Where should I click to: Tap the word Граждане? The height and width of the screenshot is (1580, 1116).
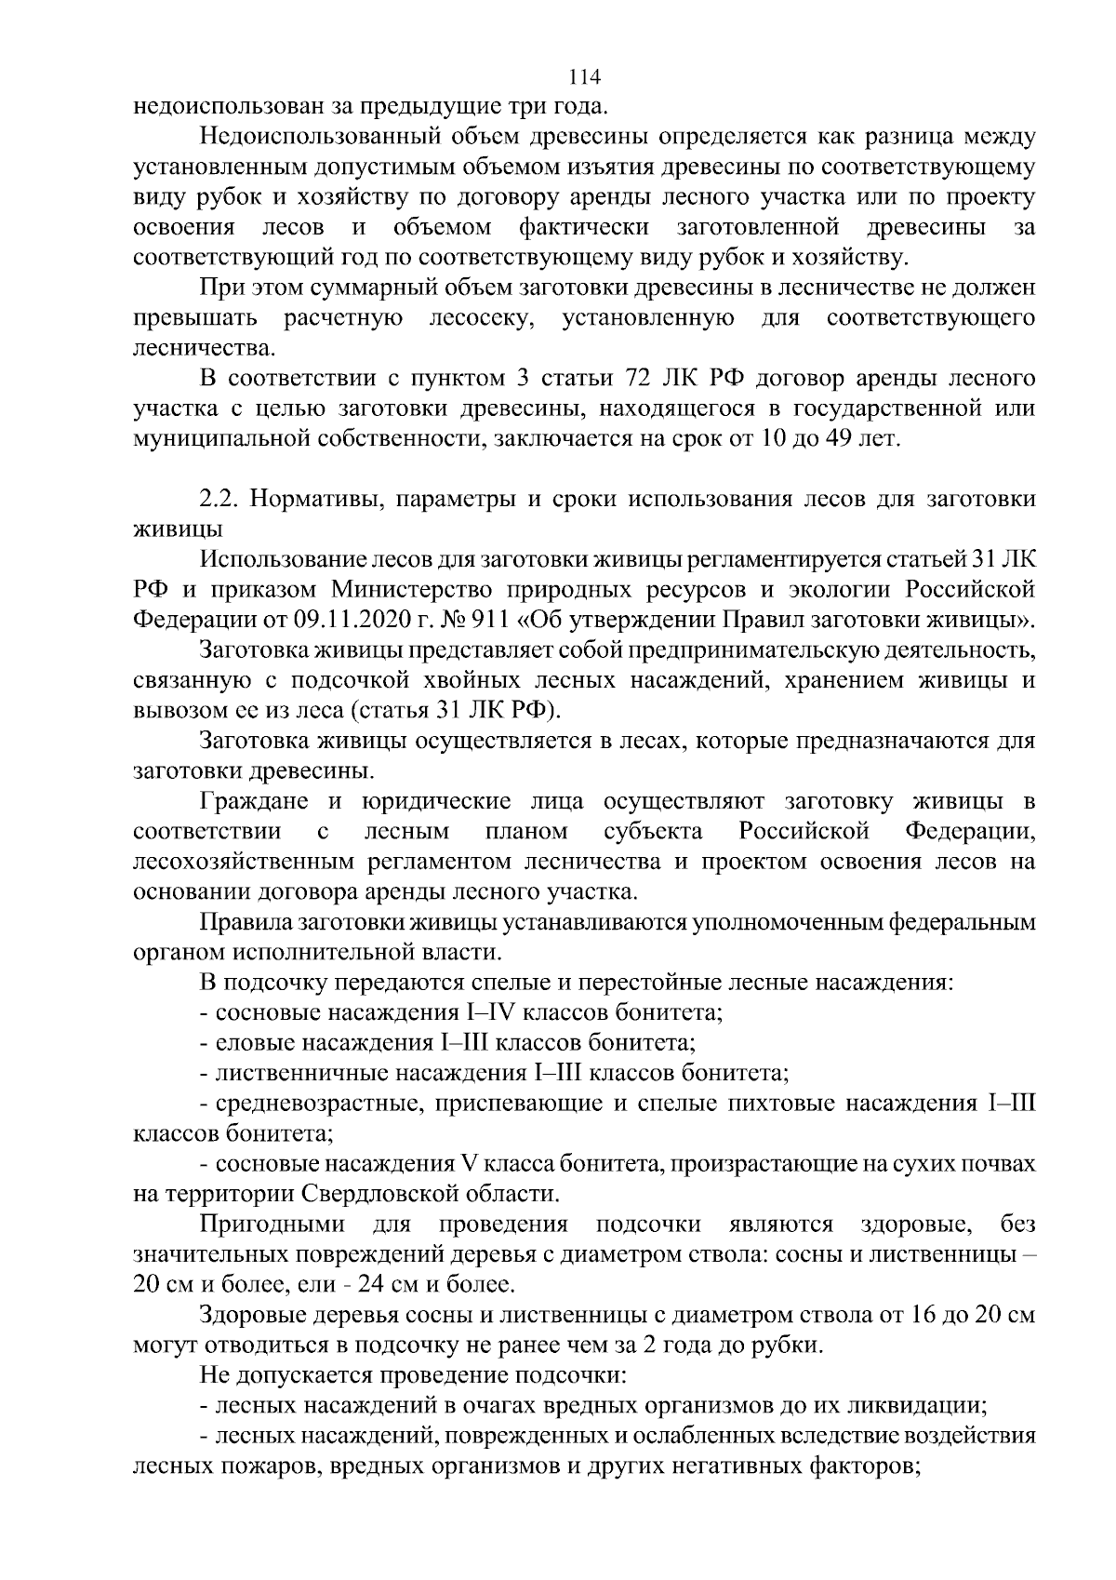pos(256,801)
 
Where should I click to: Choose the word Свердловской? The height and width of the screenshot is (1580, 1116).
pos(368,1193)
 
